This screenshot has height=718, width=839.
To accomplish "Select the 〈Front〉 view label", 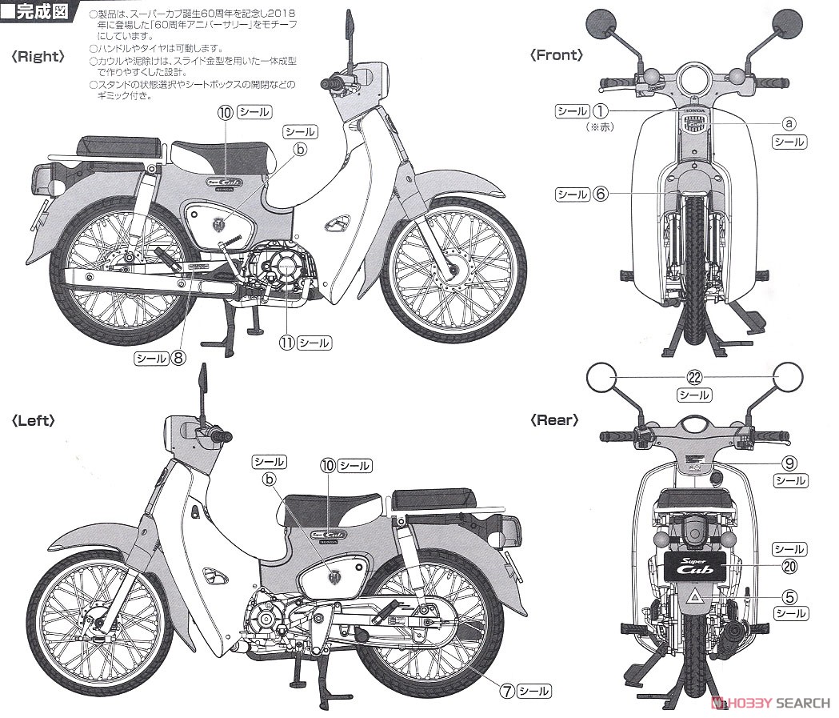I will [x=557, y=55].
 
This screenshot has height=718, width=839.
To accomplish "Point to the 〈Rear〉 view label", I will [x=554, y=420].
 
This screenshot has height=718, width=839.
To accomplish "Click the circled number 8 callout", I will [x=179, y=359].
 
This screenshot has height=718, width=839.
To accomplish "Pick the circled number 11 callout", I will [x=285, y=343].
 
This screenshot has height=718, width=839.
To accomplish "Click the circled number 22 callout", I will [x=693, y=379].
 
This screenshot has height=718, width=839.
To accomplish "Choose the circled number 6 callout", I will [x=601, y=194].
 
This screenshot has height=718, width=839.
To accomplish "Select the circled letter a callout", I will [x=788, y=124].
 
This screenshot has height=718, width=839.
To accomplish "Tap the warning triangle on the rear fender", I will [x=693, y=598].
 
